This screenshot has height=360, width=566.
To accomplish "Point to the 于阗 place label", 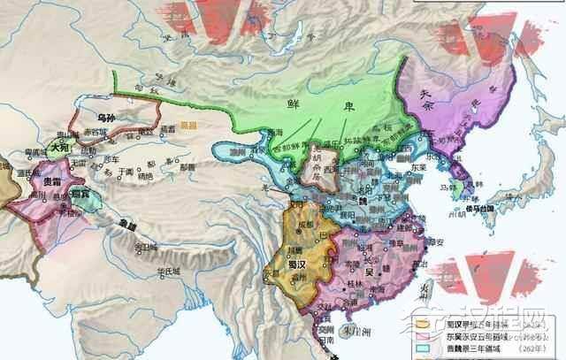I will tap(107, 172).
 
